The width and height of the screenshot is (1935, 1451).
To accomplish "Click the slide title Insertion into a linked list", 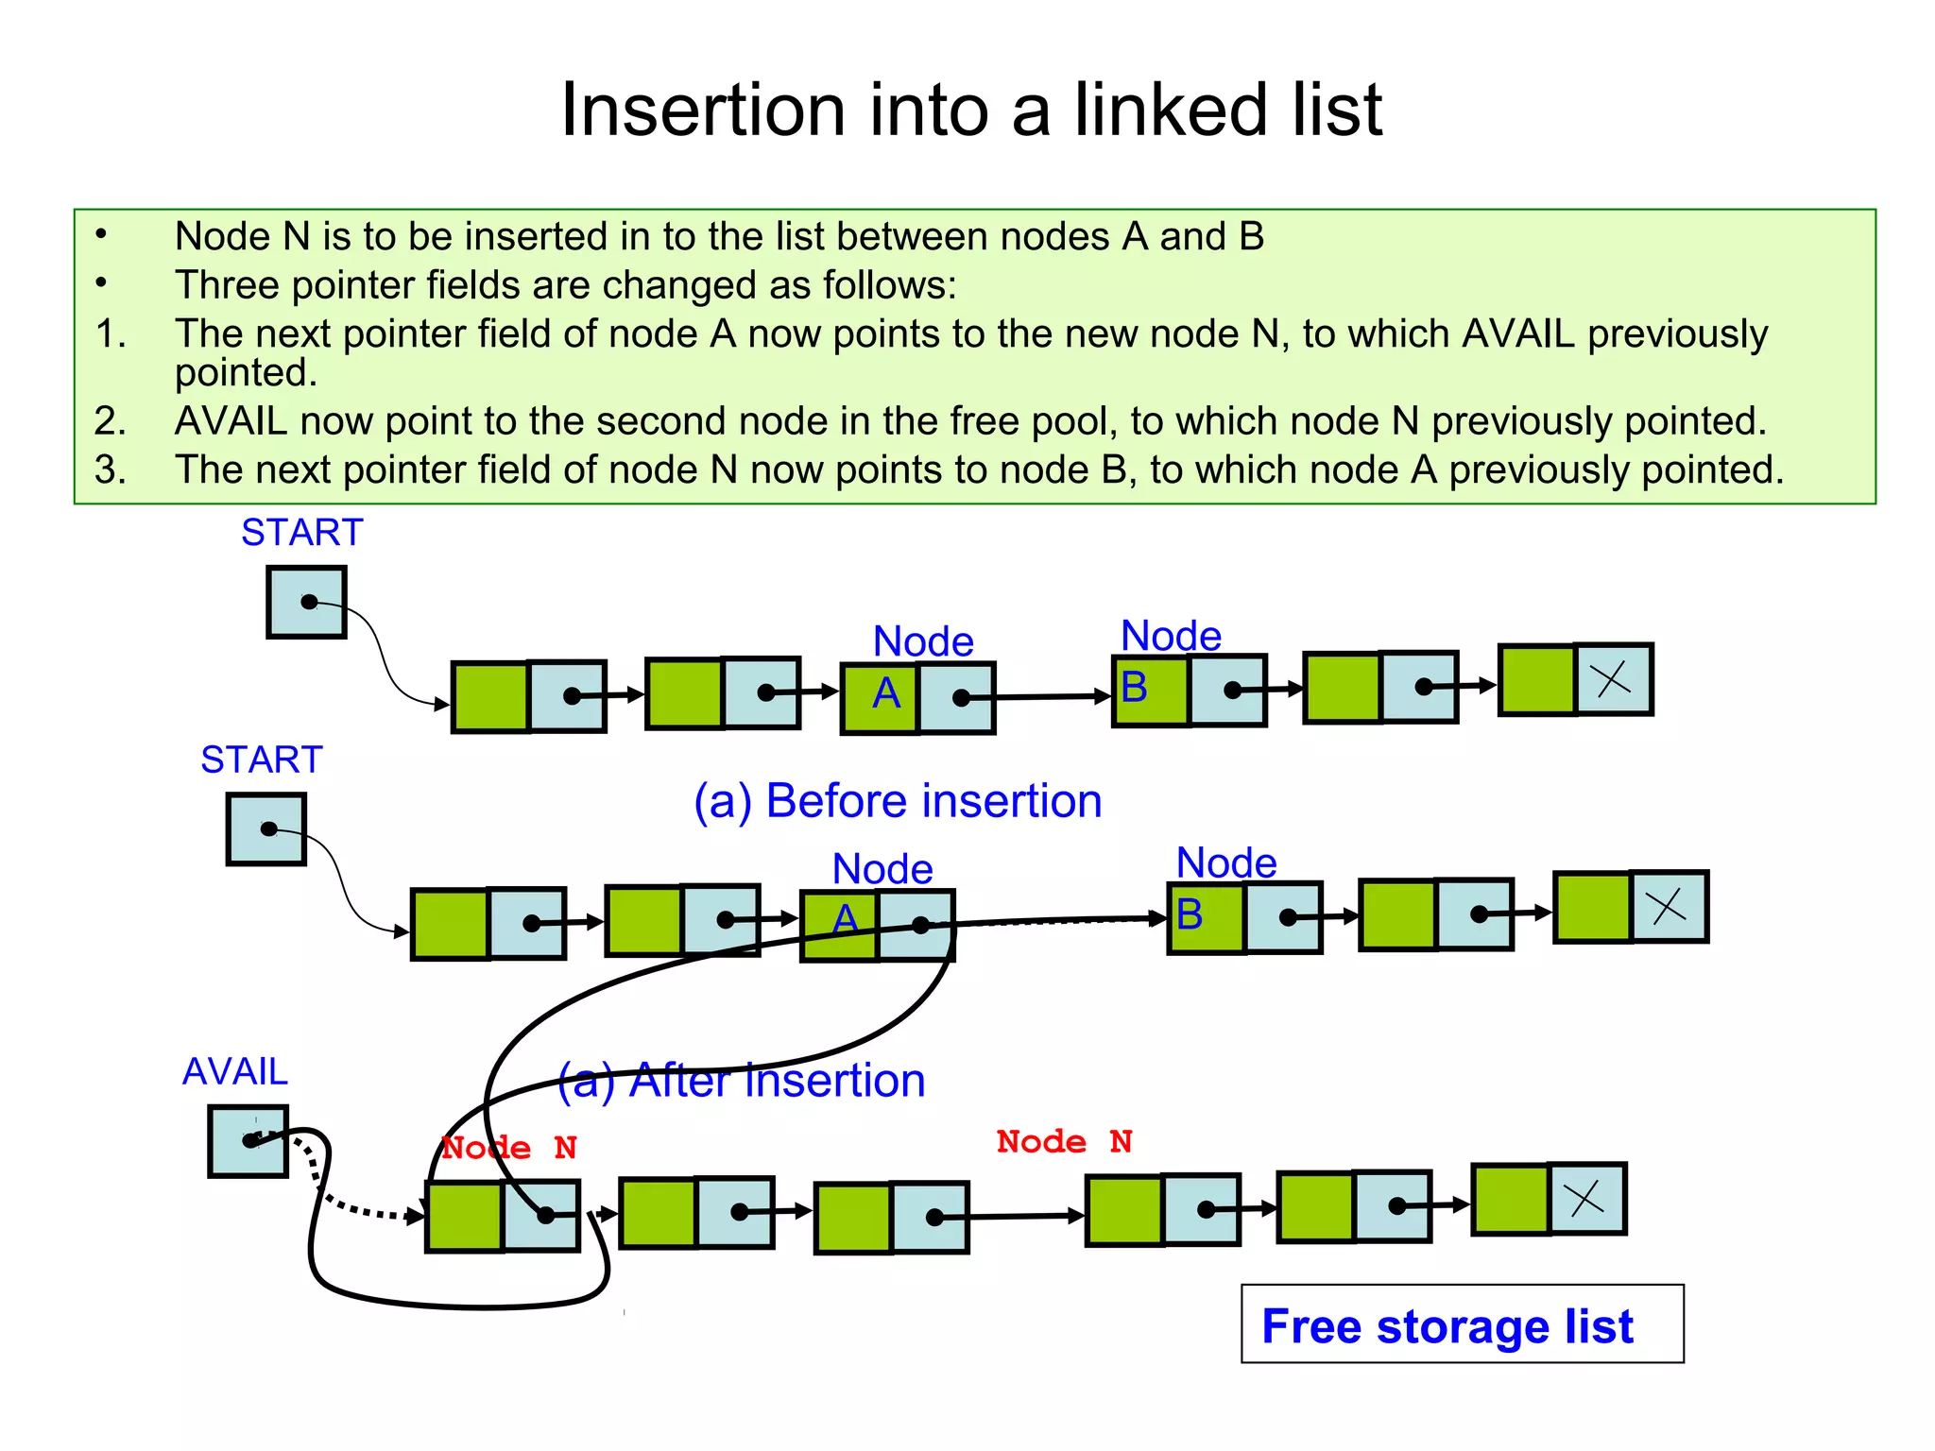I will pos(970,110).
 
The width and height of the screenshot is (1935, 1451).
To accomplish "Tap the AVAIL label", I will pos(234,1071).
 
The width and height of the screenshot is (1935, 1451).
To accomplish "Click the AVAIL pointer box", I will pos(248,1141).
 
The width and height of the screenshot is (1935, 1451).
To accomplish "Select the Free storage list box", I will pos(1461,1323).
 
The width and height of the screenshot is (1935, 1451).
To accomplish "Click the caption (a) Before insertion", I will pos(898,801).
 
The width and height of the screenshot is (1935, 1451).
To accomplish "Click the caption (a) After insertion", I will pos(742,1080).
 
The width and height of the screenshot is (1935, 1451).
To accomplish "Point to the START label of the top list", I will pos(301,533).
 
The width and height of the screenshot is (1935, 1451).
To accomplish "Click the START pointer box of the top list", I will pos(306,602).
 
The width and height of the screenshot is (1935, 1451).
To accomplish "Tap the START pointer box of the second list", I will pos(265,829).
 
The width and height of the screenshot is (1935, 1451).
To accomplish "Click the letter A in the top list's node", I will pos(885,694).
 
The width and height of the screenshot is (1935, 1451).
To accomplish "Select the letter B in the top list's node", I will pos(1134,688).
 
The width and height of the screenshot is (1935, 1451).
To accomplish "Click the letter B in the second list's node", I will pos(1190,914).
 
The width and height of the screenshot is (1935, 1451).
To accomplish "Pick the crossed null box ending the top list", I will pos(1613,679).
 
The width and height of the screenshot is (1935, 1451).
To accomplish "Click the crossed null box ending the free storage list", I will pos(1586,1199).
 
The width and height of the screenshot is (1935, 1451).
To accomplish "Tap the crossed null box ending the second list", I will pos(1669,907).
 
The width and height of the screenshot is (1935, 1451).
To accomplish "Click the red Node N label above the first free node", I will pos(508,1148).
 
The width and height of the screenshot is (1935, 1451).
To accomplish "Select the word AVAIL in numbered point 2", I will pos(231,421).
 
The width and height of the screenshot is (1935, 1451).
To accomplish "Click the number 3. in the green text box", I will pos(111,469).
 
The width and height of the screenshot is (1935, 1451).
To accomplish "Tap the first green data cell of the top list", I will pos(490,697).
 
